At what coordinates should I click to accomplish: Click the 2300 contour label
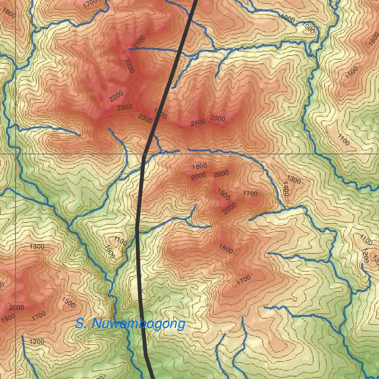click(124, 107)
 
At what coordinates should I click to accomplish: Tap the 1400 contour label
click(285, 188)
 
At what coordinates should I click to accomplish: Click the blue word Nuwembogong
click(139, 324)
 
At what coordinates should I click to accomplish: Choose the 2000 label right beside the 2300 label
click(145, 119)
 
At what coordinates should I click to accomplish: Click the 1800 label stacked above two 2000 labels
click(199, 166)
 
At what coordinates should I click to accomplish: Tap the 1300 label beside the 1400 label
click(294, 180)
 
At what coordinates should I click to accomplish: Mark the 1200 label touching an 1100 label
click(365, 255)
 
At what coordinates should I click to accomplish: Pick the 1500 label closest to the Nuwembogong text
click(68, 302)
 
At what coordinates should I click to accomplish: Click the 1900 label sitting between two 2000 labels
click(223, 194)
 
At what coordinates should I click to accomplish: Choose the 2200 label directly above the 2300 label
click(116, 96)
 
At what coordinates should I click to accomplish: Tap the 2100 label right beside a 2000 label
click(198, 123)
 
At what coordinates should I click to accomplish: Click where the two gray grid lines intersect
click(16, 153)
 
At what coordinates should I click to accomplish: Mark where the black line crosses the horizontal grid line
click(144, 153)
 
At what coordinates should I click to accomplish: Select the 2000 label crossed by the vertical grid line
click(17, 308)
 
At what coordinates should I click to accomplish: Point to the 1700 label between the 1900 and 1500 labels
click(38, 316)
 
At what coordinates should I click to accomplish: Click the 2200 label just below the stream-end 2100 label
click(129, 66)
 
